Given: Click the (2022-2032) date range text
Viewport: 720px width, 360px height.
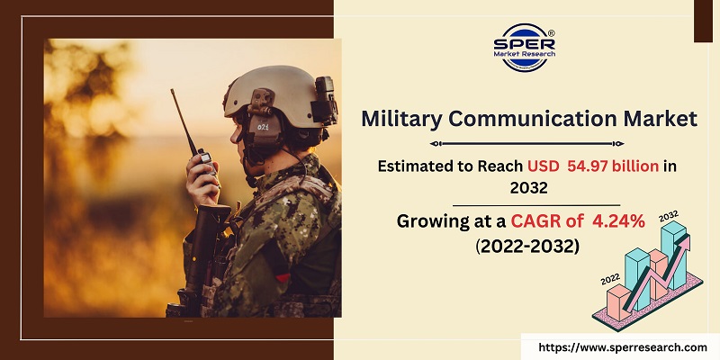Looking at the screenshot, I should (x=529, y=246).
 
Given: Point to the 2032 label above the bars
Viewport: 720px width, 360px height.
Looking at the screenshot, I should (x=669, y=217).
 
